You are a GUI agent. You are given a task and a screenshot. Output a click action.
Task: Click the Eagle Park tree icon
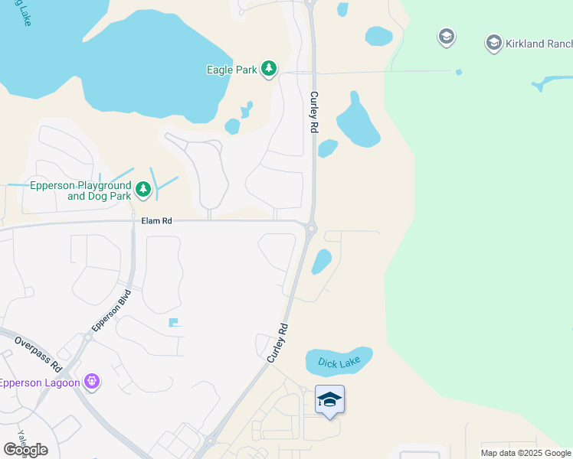(x=269, y=70)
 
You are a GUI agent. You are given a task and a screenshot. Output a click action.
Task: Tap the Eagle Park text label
(x=232, y=70)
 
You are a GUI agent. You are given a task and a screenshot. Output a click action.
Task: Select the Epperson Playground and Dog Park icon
(x=143, y=189)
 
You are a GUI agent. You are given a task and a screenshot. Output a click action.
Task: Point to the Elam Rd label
(x=157, y=220)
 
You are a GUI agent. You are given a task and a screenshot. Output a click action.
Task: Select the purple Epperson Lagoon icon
(x=92, y=380)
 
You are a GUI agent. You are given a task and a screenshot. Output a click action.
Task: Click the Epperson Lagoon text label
(x=40, y=382)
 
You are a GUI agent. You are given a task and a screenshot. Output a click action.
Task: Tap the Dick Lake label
(x=339, y=362)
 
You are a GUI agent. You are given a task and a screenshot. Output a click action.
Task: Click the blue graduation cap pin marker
(x=329, y=400)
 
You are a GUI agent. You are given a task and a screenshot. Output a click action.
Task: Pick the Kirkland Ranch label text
(x=539, y=44)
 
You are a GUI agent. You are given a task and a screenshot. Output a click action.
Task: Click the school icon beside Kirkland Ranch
(x=494, y=44)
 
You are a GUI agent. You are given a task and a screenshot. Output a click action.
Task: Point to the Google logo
(x=25, y=449)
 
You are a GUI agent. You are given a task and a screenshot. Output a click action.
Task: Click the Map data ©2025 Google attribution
(x=526, y=453)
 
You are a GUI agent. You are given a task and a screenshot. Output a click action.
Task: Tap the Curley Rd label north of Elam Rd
(x=313, y=112)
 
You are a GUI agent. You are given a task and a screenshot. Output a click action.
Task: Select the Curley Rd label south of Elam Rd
(x=278, y=343)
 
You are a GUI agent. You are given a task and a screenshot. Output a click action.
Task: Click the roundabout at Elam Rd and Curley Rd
(x=310, y=227)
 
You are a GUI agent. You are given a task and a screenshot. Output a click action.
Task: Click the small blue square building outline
(x=175, y=323)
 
